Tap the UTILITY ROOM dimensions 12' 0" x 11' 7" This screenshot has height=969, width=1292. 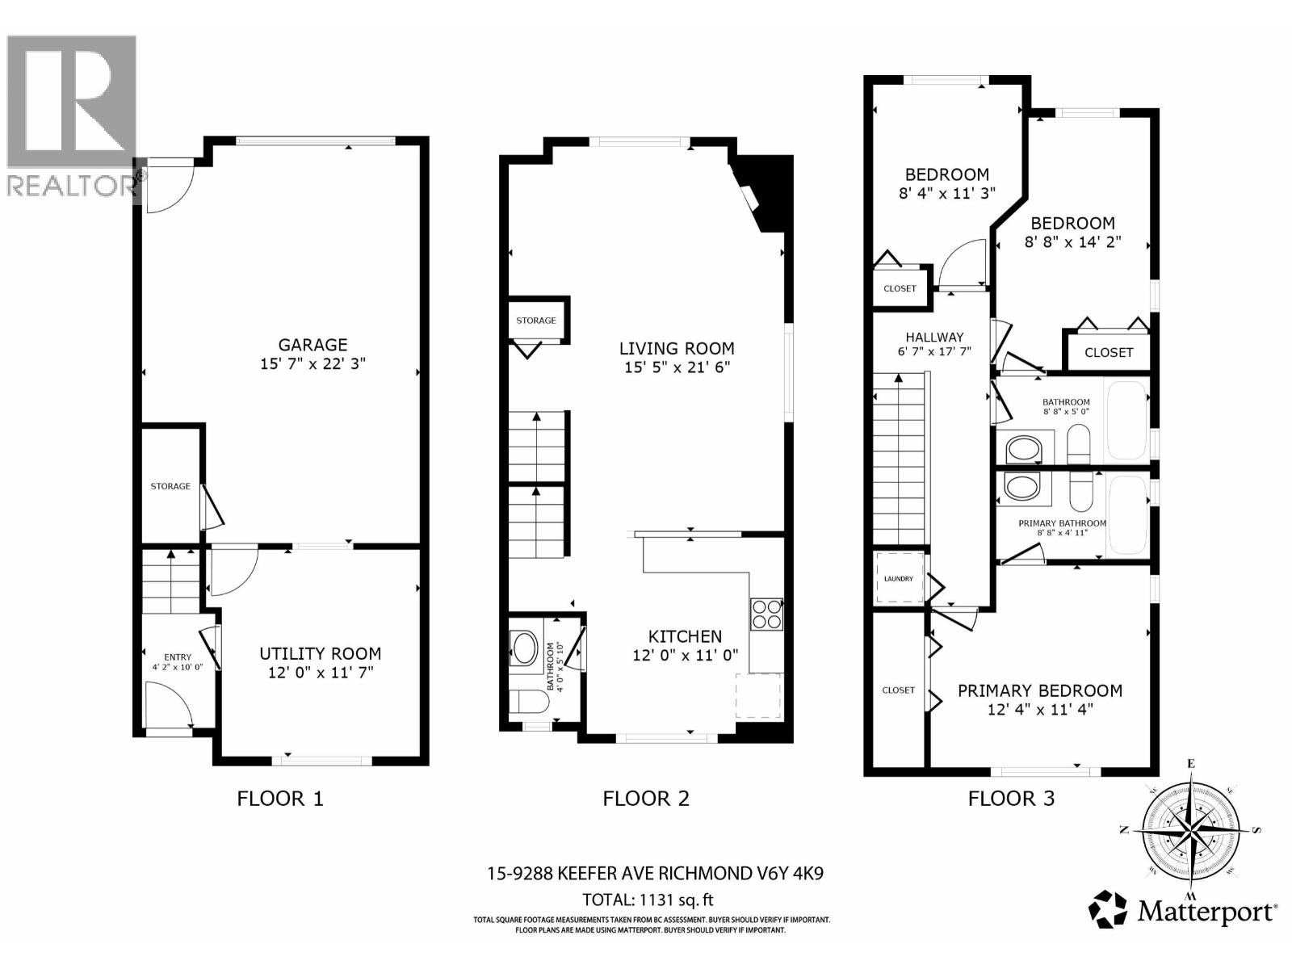[320, 672]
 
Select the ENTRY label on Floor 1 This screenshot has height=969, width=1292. [178, 657]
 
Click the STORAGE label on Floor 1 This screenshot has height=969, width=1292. [170, 486]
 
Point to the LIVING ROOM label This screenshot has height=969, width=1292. [677, 349]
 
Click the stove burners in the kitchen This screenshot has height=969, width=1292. [766, 614]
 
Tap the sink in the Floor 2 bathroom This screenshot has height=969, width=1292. [525, 648]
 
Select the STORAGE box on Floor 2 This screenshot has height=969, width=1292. [536, 321]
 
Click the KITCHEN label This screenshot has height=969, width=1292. [685, 636]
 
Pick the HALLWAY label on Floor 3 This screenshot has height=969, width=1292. [934, 338]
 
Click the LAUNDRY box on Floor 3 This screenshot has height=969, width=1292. [899, 578]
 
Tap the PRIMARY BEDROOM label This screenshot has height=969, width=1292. [1040, 691]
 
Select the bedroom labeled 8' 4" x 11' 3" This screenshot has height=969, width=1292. [946, 174]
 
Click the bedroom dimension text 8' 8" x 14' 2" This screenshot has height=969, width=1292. [1072, 242]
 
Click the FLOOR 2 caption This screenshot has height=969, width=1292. [646, 799]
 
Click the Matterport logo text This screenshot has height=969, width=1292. [1206, 912]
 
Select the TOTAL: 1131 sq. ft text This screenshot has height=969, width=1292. [648, 900]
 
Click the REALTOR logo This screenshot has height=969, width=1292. [71, 113]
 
